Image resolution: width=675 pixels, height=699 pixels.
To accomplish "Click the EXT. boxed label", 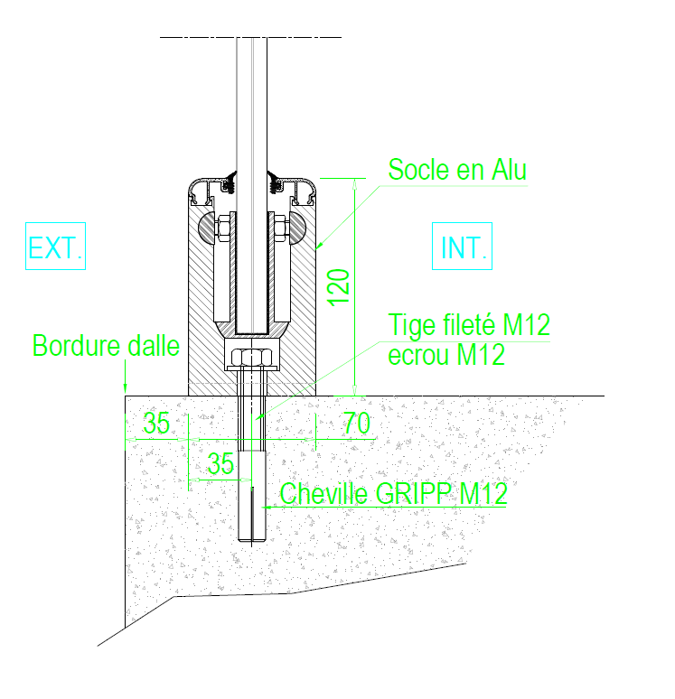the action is [55, 246].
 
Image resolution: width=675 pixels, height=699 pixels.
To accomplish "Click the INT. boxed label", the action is [462, 246].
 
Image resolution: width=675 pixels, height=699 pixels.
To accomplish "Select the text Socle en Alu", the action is [457, 170].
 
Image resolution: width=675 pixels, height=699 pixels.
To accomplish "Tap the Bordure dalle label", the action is [106, 346].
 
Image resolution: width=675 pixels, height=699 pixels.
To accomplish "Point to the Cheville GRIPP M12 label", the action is [393, 493].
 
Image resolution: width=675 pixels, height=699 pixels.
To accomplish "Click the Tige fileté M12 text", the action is [469, 324].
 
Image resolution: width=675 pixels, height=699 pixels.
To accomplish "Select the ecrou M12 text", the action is [446, 355].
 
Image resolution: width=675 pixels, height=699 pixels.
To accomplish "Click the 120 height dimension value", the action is [339, 287].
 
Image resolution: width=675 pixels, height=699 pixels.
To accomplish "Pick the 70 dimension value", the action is [357, 423].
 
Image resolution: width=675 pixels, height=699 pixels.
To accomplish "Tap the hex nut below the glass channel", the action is [251, 357].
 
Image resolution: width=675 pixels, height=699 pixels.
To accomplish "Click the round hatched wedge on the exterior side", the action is [208, 228].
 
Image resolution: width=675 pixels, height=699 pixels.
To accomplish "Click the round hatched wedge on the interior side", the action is [296, 228].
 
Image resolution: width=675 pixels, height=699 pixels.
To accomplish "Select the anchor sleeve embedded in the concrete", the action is [251, 496].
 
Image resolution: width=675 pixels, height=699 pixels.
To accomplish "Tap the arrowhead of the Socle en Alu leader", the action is [319, 245].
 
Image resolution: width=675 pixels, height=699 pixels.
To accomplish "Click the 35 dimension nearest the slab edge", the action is [156, 423].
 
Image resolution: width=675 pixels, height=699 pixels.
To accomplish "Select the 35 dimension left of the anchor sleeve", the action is [220, 463].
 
